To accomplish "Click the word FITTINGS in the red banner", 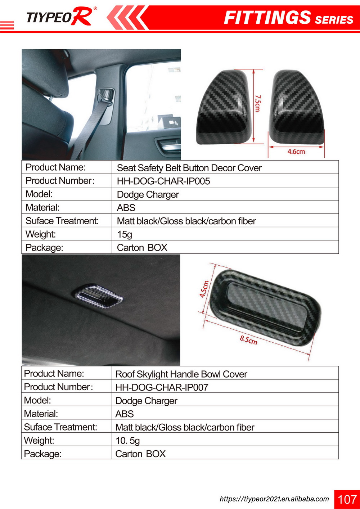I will [267, 18].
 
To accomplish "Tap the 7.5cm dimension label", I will [258, 103].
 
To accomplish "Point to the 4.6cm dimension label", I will [296, 152].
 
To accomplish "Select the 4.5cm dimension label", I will [204, 289].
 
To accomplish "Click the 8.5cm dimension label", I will [248, 339].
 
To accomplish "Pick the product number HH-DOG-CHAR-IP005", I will [163, 181].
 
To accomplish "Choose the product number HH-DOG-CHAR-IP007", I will [162, 387].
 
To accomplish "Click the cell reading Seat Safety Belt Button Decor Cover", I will [189, 168].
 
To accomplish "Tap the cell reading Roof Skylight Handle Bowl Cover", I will [181, 374].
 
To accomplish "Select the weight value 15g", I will [125, 234].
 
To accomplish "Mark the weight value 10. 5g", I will [127, 441].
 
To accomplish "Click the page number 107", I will [347, 499].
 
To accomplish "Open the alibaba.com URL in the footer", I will [274, 499].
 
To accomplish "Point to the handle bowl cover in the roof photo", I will [100, 296].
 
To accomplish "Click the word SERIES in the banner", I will [334, 20].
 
